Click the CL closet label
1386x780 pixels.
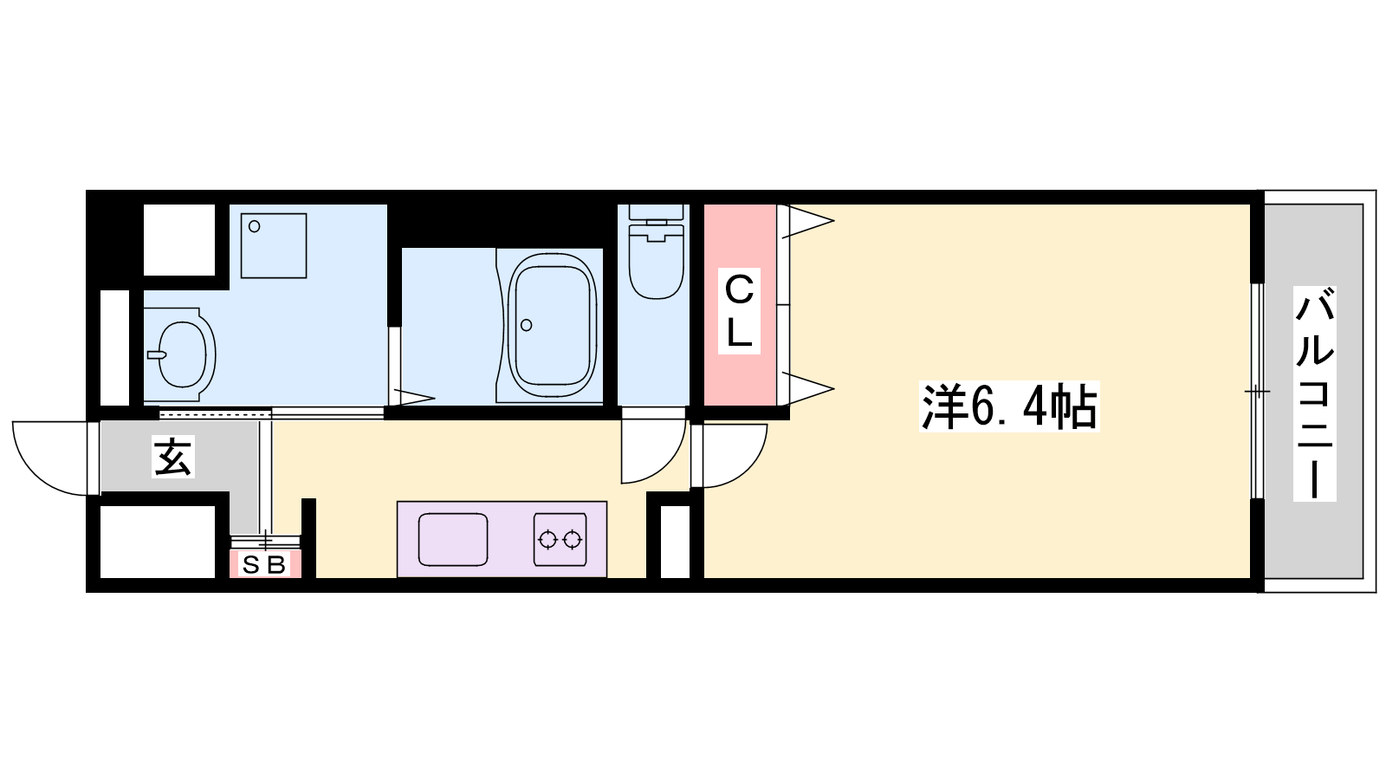(x=739, y=311)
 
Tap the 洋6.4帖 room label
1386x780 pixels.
(x=1009, y=406)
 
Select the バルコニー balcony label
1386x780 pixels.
(x=1314, y=393)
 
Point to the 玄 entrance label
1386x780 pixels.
(x=173, y=457)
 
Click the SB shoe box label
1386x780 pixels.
(x=264, y=564)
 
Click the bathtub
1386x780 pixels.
(x=552, y=325)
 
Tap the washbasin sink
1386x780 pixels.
(x=182, y=354)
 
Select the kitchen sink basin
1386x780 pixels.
(x=453, y=539)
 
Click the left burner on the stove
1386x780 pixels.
(x=547, y=540)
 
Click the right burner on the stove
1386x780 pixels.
(x=573, y=540)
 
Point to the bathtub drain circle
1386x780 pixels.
(x=527, y=325)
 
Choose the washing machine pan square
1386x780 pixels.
(x=274, y=246)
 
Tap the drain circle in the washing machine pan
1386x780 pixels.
(x=255, y=226)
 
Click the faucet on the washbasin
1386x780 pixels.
(x=157, y=354)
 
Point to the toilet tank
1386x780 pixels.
(x=656, y=211)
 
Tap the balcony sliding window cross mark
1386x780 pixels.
(x=1257, y=391)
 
